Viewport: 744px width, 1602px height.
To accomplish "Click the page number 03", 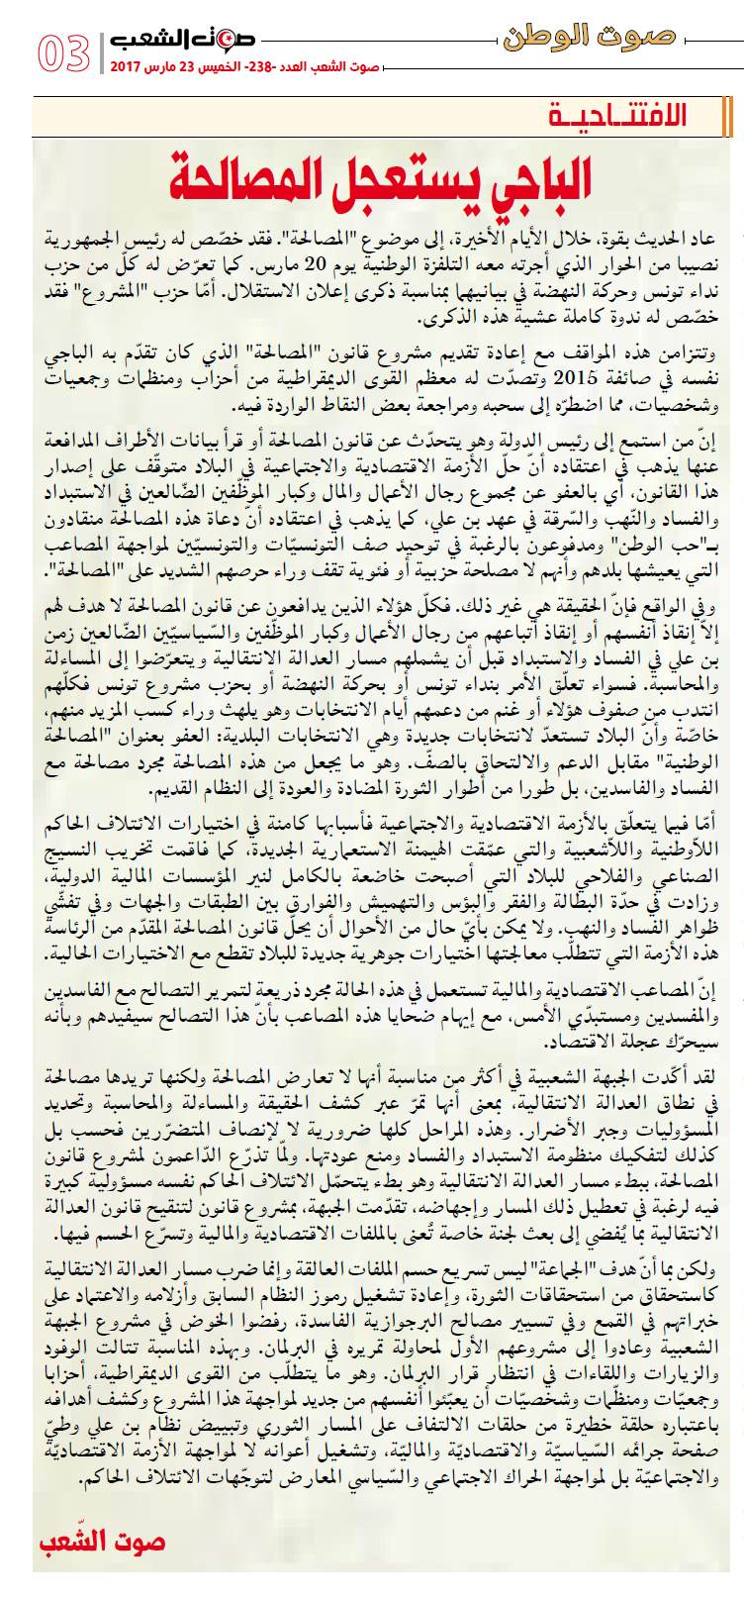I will [x=64, y=53].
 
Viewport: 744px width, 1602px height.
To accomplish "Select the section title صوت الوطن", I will [x=589, y=38].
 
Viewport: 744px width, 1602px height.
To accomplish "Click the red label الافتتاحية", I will [x=617, y=117].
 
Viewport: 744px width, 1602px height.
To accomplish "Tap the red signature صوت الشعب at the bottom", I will [x=102, y=1542].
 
